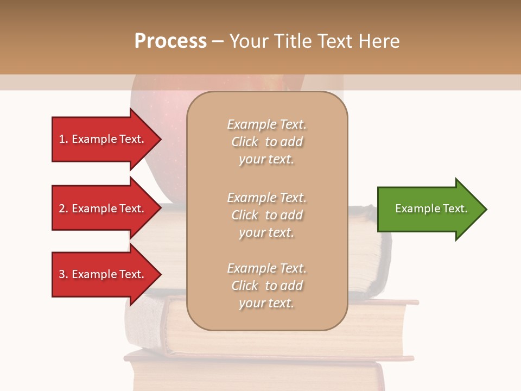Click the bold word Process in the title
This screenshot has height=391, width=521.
[170, 41]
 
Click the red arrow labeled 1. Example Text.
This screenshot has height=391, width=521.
[103, 139]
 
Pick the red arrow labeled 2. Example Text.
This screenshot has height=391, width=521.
[103, 209]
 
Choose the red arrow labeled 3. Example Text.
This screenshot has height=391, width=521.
[103, 274]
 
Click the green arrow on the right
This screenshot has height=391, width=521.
[429, 209]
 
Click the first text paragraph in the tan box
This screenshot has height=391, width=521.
[266, 142]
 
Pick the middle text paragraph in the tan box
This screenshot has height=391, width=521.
[266, 215]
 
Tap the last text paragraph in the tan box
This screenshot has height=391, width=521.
[266, 286]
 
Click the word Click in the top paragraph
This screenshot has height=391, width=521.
[245, 142]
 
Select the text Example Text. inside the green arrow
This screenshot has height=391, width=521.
[431, 209]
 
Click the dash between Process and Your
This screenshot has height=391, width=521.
[218, 41]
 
